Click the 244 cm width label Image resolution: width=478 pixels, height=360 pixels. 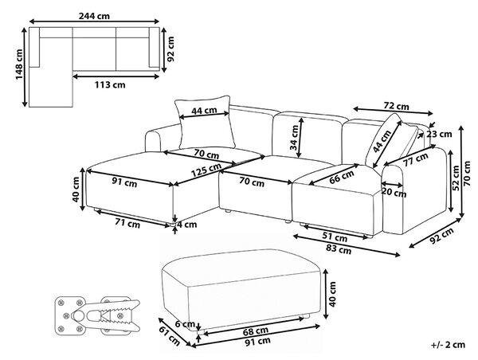94,16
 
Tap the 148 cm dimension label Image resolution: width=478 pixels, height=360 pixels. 19,64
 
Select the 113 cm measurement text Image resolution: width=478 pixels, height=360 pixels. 110,84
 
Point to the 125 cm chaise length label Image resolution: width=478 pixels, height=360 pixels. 206,170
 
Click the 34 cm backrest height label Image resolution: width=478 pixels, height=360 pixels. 294,138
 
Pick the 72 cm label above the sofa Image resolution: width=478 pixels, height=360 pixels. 396,106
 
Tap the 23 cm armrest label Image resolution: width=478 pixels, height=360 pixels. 439,134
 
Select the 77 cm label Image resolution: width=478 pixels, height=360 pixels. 417,159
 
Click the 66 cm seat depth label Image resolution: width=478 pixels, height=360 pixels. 342,177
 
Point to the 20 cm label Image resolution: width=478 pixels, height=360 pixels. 394,193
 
